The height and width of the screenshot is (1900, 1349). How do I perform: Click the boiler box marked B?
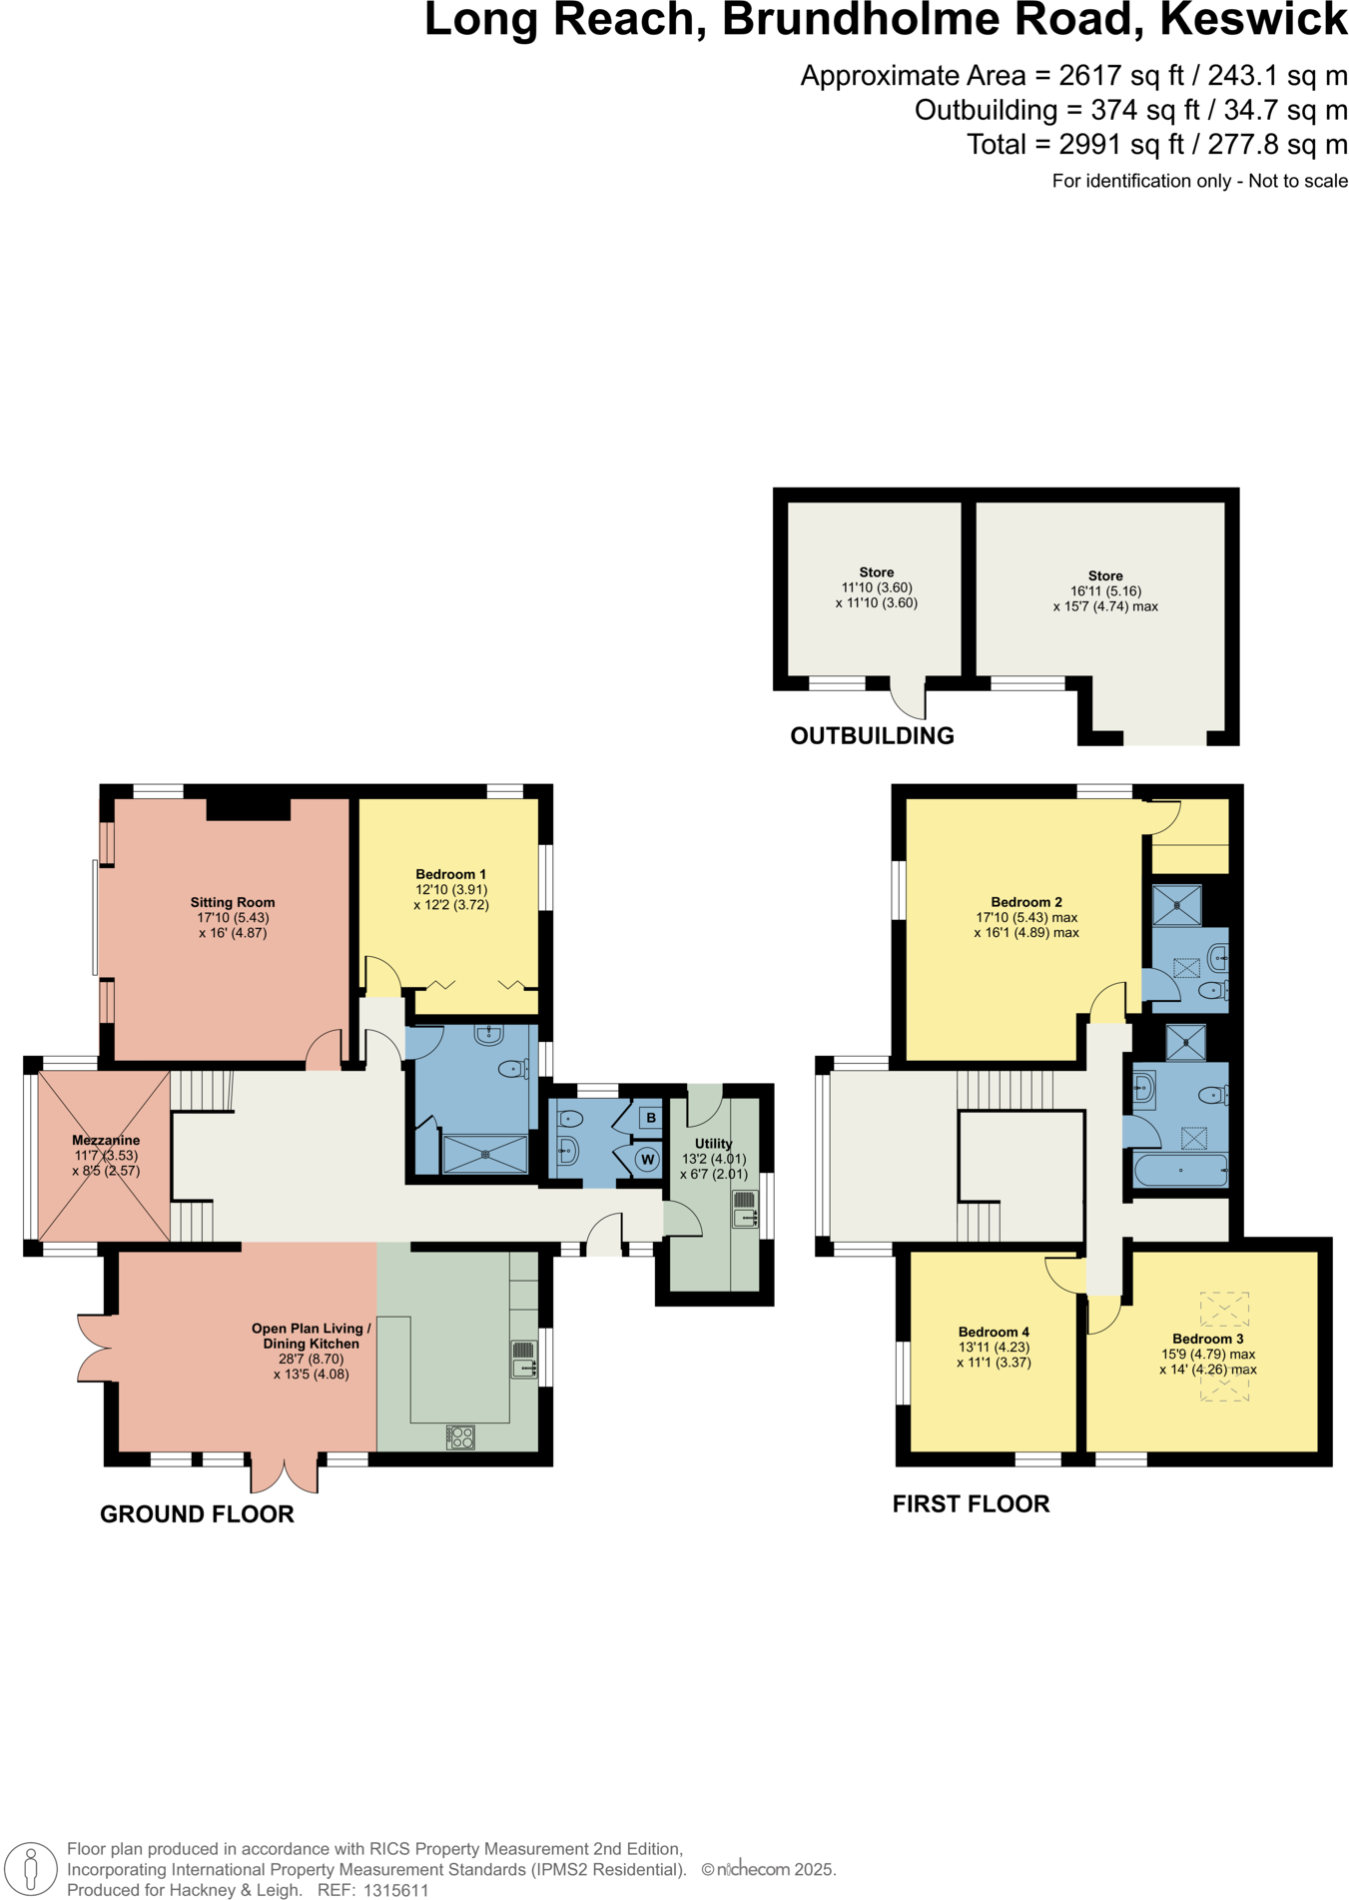(650, 1117)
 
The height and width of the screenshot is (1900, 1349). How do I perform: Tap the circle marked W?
(648, 1160)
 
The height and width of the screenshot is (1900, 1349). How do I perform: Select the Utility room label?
(713, 1144)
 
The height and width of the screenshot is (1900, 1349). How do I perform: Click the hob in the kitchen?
(460, 1436)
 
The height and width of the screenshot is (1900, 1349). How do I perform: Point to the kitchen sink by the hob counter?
(524, 1360)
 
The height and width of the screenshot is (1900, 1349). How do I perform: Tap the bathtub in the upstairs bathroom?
(1180, 1170)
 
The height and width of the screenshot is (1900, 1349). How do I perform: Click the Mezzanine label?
(106, 1140)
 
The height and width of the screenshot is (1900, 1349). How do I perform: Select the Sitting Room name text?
(233, 902)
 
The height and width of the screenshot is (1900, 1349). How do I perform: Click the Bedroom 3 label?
(1207, 1339)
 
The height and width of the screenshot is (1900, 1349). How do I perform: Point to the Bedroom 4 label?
(994, 1332)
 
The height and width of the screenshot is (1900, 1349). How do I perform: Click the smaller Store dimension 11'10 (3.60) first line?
(877, 587)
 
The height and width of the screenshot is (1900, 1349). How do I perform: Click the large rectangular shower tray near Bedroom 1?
(484, 1154)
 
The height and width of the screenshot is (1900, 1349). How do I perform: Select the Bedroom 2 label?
(1026, 902)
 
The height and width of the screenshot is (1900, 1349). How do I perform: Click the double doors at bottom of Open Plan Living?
(285, 1473)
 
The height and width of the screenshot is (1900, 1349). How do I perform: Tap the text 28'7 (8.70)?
(312, 1359)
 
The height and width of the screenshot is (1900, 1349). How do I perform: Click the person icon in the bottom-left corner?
(31, 1868)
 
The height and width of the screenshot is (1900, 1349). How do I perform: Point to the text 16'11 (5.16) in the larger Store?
(1105, 590)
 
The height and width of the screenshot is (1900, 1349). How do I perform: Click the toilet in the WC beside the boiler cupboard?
(570, 1118)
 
